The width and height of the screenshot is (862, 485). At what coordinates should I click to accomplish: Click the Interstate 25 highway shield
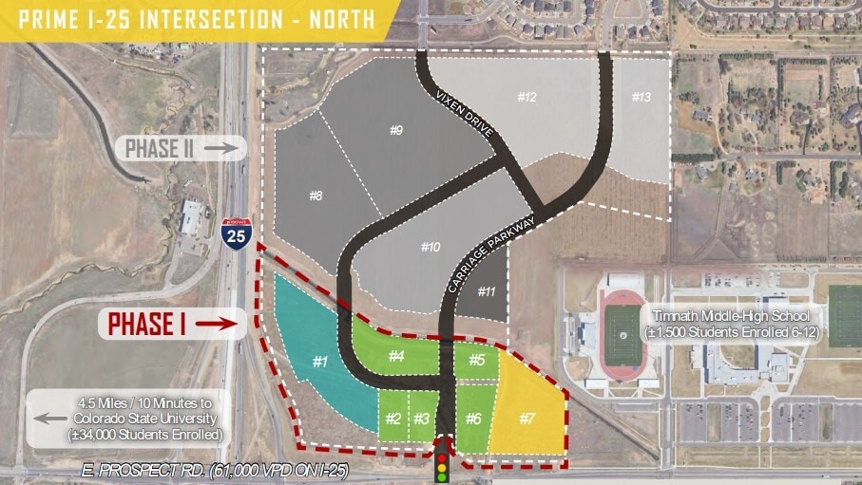[237, 233]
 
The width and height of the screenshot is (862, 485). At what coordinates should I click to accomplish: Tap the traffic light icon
[442, 459]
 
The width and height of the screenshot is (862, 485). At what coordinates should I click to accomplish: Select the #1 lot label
[320, 361]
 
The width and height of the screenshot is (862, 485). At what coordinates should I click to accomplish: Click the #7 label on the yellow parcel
[527, 418]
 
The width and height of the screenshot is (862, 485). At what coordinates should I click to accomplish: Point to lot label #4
[397, 357]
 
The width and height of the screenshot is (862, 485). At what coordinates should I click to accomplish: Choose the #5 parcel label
[476, 360]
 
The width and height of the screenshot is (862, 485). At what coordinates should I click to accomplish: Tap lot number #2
[393, 419]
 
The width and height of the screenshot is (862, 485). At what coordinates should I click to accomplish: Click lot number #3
[422, 419]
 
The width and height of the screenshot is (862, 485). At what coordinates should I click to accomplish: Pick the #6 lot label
[473, 419]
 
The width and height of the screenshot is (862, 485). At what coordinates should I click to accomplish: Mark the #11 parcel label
[486, 291]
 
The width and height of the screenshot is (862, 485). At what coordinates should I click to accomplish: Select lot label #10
[430, 247]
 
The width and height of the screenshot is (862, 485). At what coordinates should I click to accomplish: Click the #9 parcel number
[396, 130]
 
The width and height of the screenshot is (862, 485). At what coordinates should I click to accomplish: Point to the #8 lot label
[316, 196]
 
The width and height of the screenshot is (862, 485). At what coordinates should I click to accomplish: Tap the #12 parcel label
[527, 97]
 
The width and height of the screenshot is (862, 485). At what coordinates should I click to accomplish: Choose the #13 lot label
[642, 97]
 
